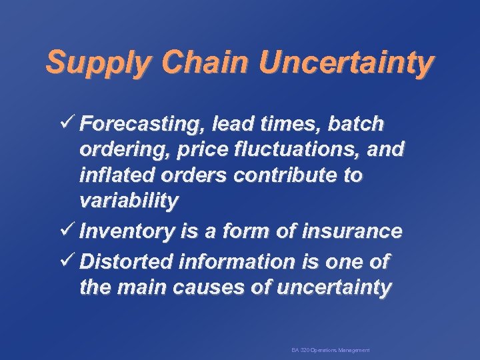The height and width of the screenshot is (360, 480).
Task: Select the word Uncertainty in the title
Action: (347, 64)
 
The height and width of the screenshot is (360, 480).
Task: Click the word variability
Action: (129, 202)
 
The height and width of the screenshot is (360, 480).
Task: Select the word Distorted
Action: (127, 261)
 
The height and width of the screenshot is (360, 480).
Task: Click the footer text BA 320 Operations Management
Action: (331, 350)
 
